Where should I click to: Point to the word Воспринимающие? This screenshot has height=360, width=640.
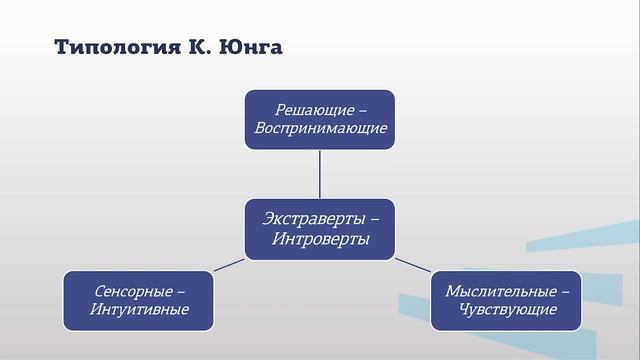[x=320, y=129]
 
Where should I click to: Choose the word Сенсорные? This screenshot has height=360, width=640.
[x=132, y=290]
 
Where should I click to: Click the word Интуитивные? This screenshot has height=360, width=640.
[x=140, y=310]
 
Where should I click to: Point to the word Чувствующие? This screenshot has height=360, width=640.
[x=508, y=310]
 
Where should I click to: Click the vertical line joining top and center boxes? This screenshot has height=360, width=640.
[x=320, y=175]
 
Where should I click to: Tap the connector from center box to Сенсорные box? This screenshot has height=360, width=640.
[x=230, y=265]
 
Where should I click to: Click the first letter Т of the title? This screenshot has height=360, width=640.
[x=59, y=48]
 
